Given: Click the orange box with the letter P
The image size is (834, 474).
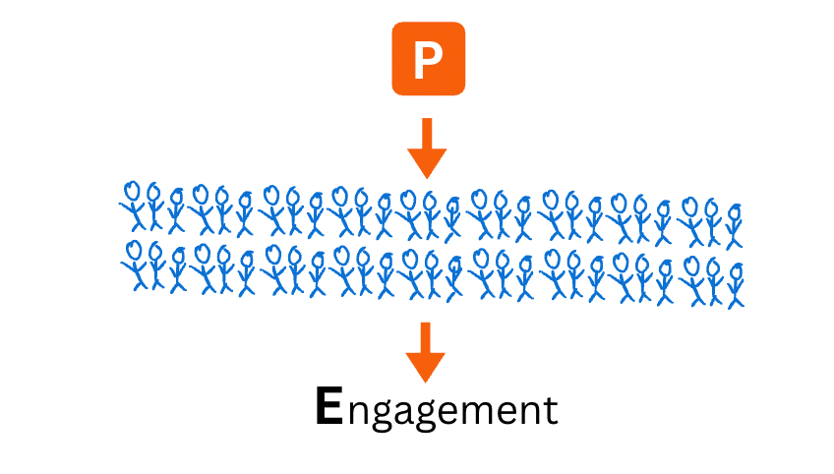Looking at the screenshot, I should (x=428, y=59).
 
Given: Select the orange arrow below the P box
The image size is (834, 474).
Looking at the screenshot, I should (x=427, y=148).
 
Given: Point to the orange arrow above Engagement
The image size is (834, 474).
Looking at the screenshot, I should (x=426, y=351).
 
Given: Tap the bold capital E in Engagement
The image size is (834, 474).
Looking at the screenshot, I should (x=329, y=407).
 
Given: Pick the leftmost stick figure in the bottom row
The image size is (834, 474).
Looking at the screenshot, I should (x=134, y=266).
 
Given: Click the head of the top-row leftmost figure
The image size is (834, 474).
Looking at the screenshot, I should (x=132, y=190).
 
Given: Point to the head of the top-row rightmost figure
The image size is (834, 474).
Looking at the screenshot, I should (x=733, y=210).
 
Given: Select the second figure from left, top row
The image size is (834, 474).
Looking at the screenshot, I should (x=154, y=207).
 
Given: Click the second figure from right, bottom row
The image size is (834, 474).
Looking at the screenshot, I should (x=713, y=280).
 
